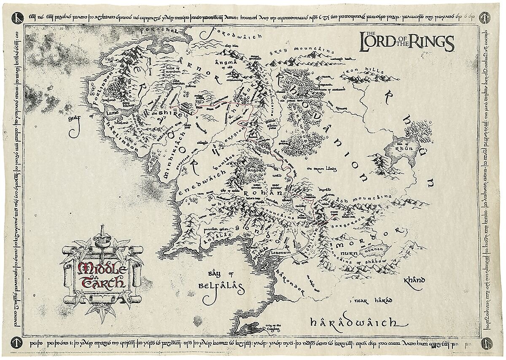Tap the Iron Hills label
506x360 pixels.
pos(361,73)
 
